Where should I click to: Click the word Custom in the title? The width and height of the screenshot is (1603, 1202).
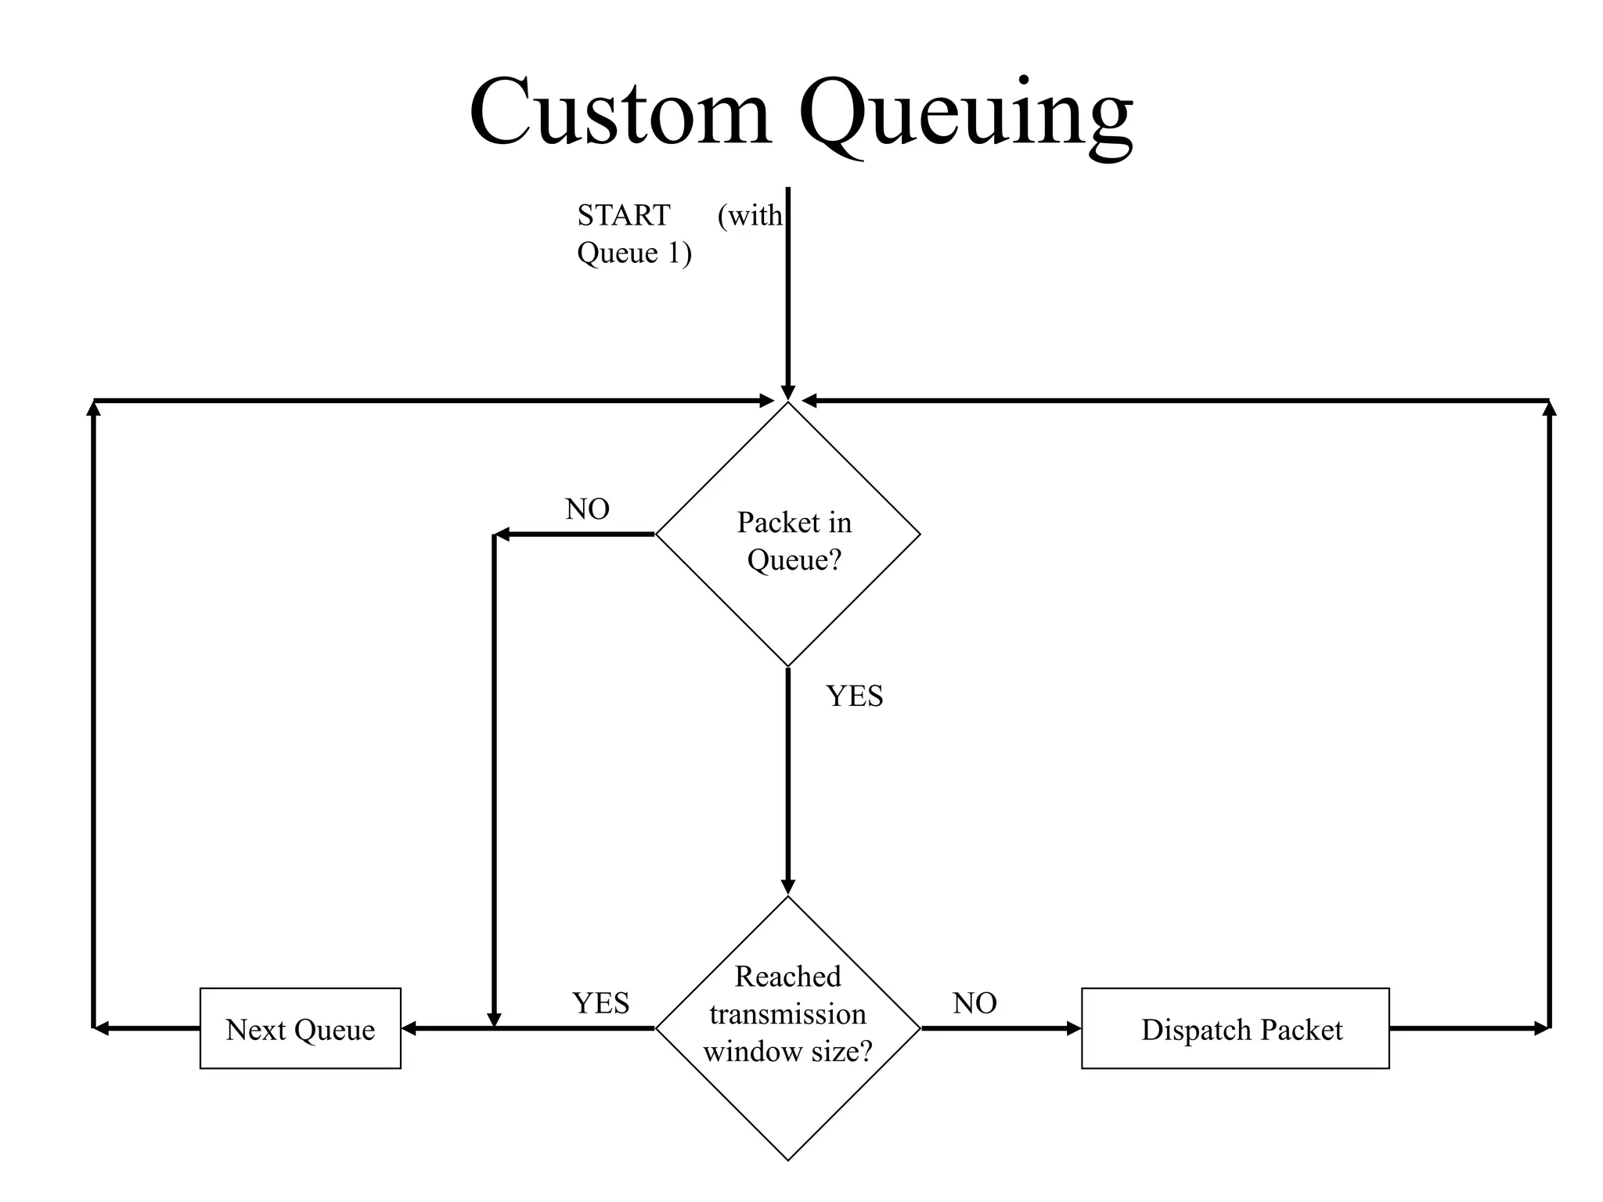(x=620, y=111)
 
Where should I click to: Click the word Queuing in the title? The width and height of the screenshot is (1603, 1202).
(x=964, y=116)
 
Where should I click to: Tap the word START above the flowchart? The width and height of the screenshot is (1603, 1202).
(x=624, y=215)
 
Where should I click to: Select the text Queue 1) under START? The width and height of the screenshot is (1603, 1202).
(x=634, y=253)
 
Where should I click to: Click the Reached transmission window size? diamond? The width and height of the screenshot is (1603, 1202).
(x=788, y=1014)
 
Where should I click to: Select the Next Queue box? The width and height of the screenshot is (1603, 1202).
(x=301, y=1028)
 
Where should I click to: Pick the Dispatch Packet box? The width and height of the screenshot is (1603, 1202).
(x=1235, y=1028)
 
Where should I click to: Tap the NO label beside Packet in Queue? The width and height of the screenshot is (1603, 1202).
(x=587, y=509)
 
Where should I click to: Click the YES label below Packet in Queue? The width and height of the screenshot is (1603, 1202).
(x=854, y=696)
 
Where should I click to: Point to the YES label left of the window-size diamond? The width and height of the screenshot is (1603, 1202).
(x=600, y=1002)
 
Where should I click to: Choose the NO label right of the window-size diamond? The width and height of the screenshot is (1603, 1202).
(x=974, y=1002)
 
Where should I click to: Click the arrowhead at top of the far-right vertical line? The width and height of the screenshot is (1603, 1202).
(x=1549, y=408)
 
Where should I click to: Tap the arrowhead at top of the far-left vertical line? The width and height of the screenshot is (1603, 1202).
(x=94, y=408)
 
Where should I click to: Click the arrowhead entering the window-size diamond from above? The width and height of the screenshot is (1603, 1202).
(x=788, y=887)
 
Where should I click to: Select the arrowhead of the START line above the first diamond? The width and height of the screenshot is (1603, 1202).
(x=788, y=392)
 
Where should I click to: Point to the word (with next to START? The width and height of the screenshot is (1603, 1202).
(x=749, y=215)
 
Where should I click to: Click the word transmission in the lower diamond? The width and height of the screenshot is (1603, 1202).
(x=787, y=1014)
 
